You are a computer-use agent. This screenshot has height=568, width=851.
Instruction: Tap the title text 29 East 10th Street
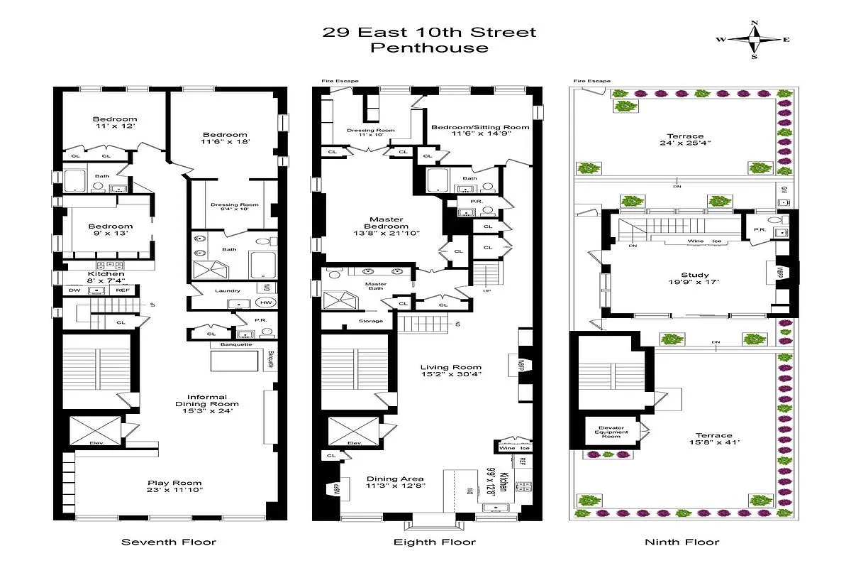[429, 32]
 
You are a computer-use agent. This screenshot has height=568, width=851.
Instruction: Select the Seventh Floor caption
[169, 542]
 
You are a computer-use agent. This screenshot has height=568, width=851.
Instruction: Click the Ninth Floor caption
[682, 542]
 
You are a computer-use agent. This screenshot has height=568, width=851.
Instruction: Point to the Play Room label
[169, 484]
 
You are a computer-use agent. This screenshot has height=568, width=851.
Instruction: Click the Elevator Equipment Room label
[612, 432]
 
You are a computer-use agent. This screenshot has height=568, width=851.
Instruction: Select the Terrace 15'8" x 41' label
[713, 441]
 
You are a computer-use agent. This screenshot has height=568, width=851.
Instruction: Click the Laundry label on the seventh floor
[227, 290]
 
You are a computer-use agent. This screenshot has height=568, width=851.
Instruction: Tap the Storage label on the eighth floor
[370, 321]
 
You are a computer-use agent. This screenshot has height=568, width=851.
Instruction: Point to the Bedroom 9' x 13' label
[111, 231]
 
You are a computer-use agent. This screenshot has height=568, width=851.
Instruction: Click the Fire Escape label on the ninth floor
[591, 81]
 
